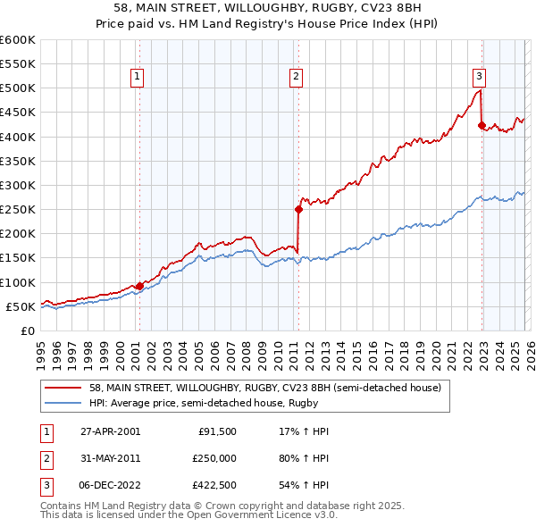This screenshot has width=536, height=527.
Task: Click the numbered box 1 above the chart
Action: point(138,78)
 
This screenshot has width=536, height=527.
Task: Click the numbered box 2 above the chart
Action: point(296,78)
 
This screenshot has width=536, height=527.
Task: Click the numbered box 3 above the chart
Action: point(480,78)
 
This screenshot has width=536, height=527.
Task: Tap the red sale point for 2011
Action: point(298,210)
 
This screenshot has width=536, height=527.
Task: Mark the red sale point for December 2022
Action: point(482,126)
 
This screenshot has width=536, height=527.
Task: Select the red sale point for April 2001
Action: point(139,286)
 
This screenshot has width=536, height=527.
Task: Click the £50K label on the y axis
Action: point(21,306)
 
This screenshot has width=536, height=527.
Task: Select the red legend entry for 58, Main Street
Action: point(264,389)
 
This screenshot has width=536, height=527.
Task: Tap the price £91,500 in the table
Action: point(216,431)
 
